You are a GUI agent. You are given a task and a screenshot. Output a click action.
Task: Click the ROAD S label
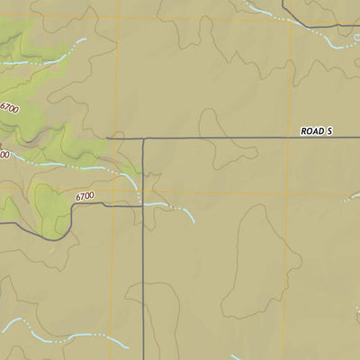click(x=317, y=131)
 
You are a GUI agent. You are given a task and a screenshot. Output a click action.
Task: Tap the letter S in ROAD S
click(x=330, y=131)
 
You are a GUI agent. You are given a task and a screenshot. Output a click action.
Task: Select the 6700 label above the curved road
click(x=85, y=195)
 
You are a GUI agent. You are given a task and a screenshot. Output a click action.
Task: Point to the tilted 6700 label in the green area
click(x=11, y=109)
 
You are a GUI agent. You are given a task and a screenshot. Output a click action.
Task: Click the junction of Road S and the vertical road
click(x=143, y=139)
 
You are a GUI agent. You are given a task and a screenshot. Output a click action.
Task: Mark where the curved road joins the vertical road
click(x=143, y=205)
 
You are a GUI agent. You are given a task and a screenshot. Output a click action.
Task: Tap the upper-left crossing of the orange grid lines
click(x=120, y=18)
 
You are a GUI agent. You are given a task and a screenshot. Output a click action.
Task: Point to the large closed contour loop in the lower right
click(x=247, y=261)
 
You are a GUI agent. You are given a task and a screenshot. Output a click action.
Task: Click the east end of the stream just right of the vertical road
click(x=192, y=220)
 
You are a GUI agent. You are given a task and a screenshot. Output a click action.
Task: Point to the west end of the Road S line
click(x=108, y=139)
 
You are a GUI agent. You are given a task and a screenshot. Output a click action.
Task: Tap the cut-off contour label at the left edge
click(x=4, y=155)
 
